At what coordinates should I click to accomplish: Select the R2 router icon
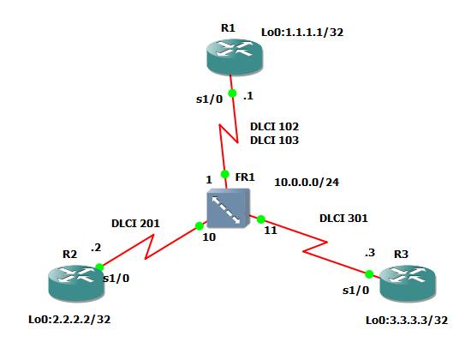click(x=72, y=284)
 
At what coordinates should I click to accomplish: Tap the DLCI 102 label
click(x=274, y=125)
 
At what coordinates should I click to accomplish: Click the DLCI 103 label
click(x=274, y=139)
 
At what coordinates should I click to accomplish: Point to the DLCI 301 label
click(x=343, y=218)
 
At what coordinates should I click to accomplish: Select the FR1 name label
click(x=245, y=177)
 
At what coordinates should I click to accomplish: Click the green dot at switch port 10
click(x=199, y=227)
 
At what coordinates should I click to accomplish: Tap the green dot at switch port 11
click(x=260, y=220)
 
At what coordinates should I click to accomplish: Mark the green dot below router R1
click(x=231, y=93)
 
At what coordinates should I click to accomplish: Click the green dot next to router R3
click(x=369, y=274)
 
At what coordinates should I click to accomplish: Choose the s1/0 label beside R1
click(x=209, y=99)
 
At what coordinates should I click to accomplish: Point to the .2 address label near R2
click(x=96, y=248)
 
